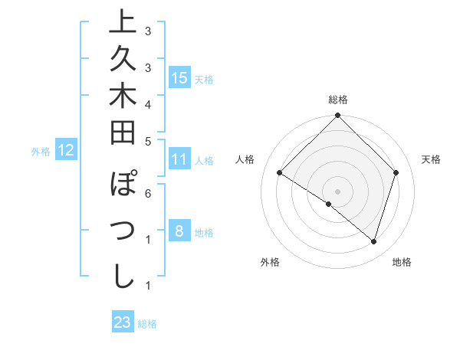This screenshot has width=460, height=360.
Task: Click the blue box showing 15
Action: [x=179, y=77]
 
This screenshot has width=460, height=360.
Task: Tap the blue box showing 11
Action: [x=179, y=160]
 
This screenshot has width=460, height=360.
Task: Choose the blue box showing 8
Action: [x=179, y=231]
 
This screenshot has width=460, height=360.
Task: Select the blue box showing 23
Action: [x=123, y=322]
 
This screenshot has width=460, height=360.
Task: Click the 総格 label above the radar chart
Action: [x=338, y=100]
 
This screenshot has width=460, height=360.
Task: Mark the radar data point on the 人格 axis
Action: [x=280, y=173]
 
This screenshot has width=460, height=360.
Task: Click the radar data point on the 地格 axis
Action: [x=374, y=242]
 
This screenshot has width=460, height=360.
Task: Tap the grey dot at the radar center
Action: [x=338, y=191]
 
